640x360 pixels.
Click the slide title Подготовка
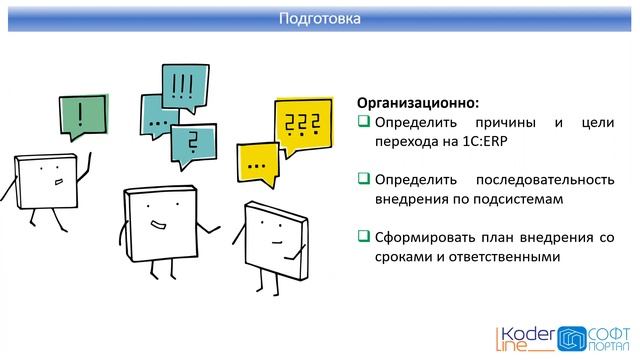pos(319,18)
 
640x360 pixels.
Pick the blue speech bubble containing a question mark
pos(193,141)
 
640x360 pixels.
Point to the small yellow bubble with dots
pos(259,160)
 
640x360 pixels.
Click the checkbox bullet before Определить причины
pos(364,122)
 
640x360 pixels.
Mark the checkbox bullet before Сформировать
pos(364,237)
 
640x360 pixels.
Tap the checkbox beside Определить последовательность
pos(364,179)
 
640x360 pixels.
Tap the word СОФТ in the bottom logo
pos(604,330)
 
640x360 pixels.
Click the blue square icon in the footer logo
pos(571,337)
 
